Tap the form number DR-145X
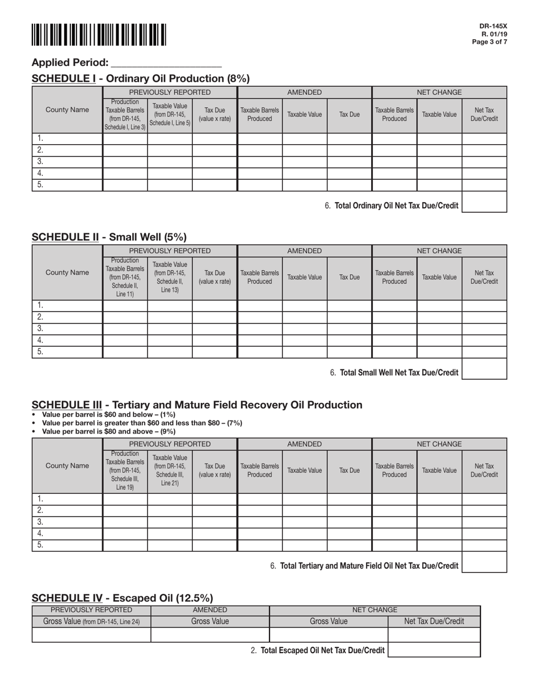(493, 26)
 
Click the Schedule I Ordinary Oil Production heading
(141, 78)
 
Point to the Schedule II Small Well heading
(109, 237)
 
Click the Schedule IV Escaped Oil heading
(122, 598)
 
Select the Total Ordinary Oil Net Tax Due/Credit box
(484, 202)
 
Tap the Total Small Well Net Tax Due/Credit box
(484, 369)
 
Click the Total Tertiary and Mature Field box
(484, 562)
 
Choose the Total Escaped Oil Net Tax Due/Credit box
(434, 650)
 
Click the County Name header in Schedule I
(67, 110)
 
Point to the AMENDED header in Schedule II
(304, 251)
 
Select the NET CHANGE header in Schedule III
(439, 444)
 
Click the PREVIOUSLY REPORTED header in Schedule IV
(91, 610)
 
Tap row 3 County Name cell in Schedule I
(67, 162)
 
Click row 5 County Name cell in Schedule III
(67, 545)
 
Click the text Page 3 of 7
(493, 42)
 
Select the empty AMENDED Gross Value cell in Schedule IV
(210, 634)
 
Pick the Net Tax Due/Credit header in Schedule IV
(434, 621)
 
